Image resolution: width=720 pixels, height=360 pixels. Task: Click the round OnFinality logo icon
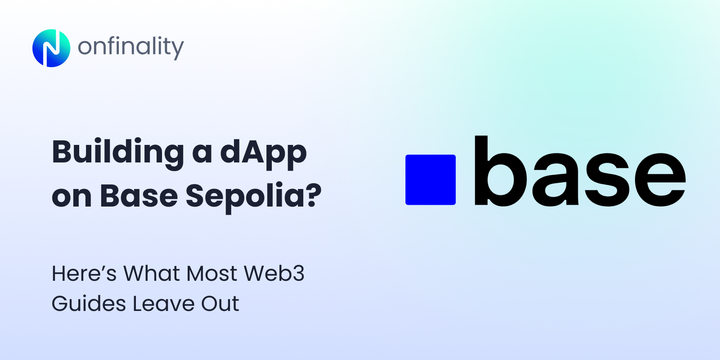[50, 47]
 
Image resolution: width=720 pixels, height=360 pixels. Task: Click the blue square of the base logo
[430, 180]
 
